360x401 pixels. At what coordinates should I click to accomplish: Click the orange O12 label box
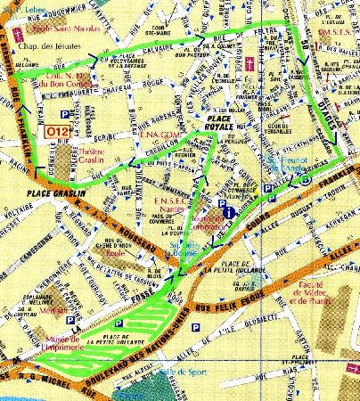click(56, 133)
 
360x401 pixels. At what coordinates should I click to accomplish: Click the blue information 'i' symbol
click(229, 213)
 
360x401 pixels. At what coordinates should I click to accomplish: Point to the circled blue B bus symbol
click(306, 178)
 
